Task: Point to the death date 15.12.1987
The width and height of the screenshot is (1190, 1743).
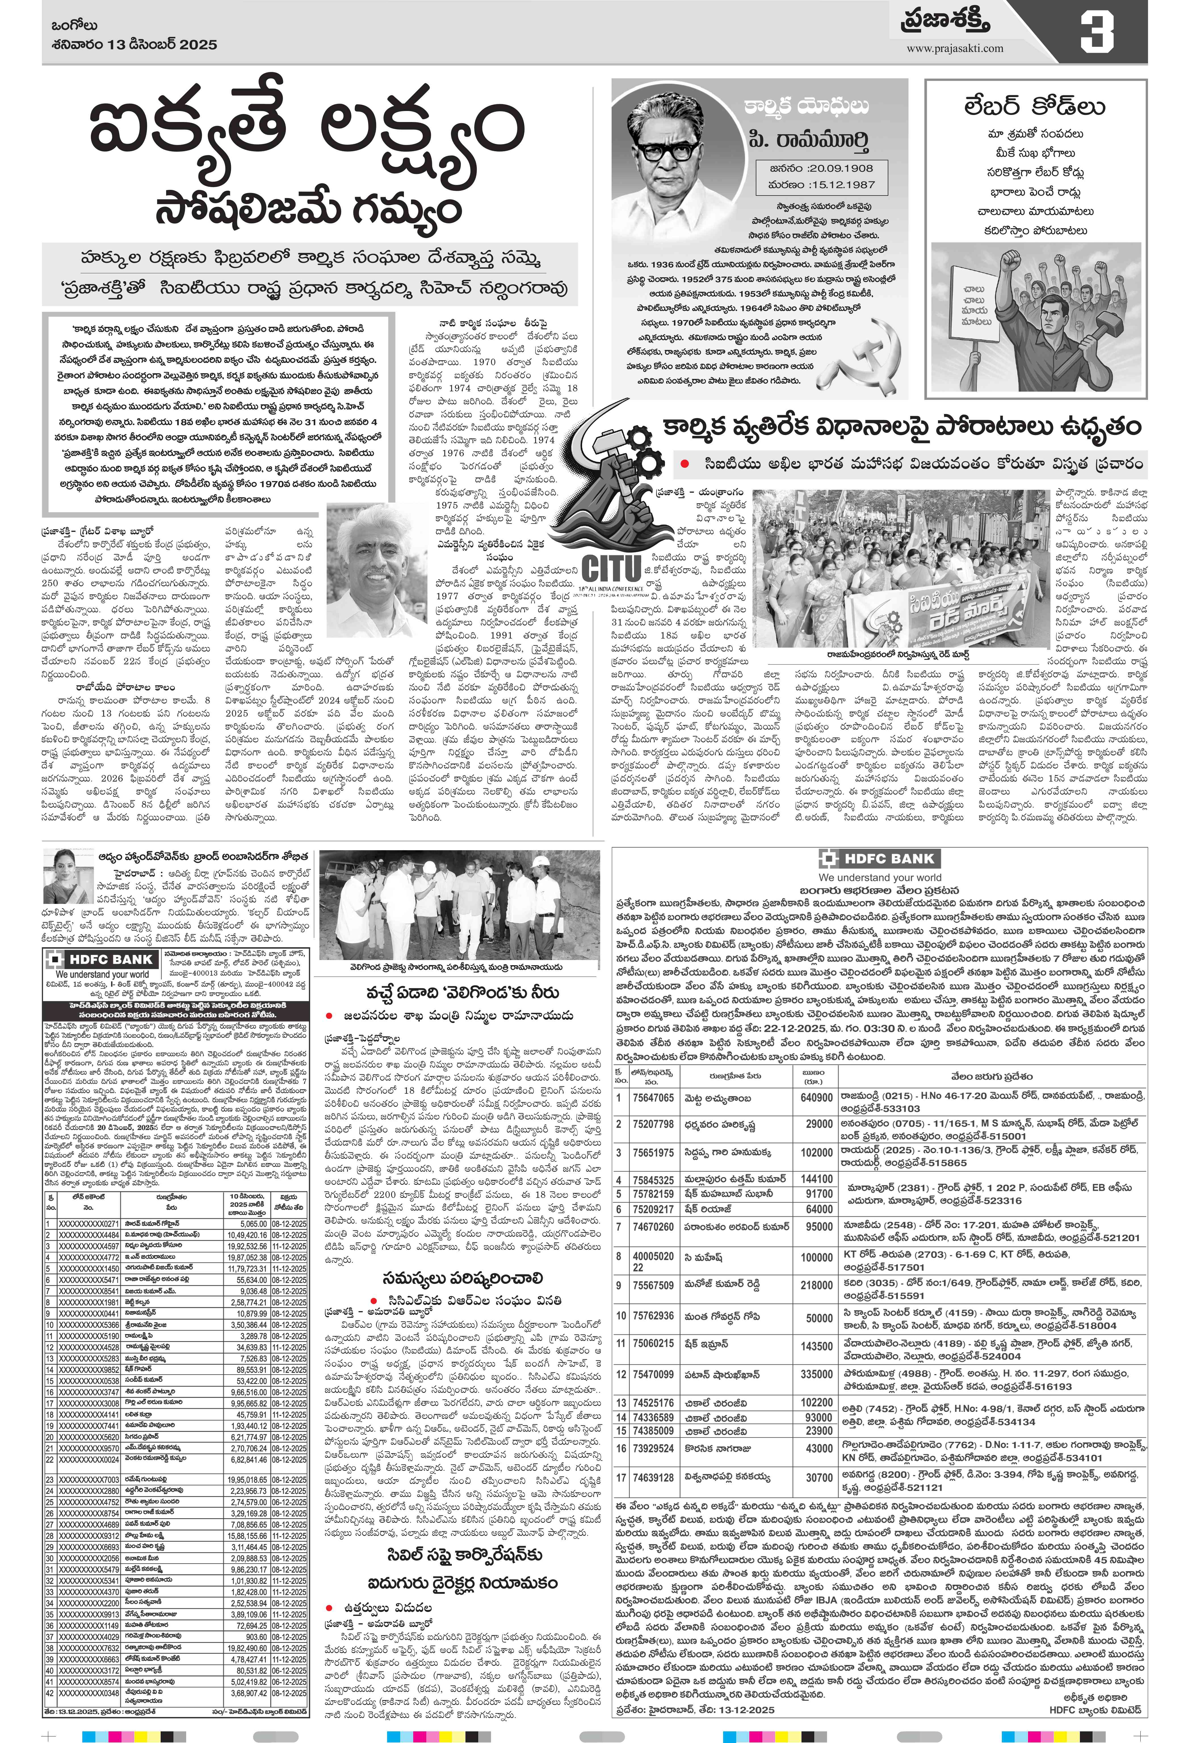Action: tap(821, 184)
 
